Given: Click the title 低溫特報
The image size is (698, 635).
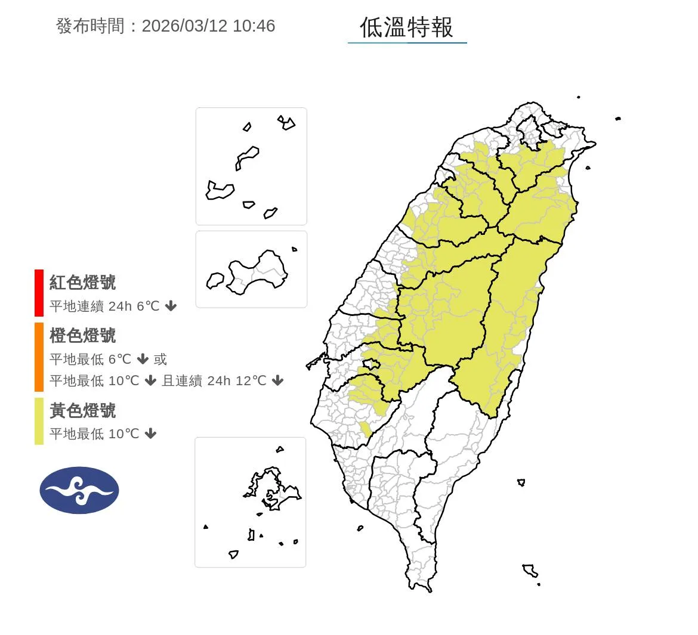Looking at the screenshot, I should (406, 27).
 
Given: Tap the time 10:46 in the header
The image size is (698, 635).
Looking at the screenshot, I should (254, 26).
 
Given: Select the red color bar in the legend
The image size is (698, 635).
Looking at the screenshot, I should (39, 293).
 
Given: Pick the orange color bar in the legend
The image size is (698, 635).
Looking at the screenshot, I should (39, 357).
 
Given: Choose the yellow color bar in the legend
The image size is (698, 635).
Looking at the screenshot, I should (39, 421).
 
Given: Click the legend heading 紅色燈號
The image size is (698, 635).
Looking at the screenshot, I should (82, 283).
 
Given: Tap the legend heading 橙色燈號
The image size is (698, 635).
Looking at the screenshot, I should (82, 336).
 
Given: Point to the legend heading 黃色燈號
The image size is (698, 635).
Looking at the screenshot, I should (82, 411).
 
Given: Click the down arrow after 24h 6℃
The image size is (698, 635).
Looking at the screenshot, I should (171, 306).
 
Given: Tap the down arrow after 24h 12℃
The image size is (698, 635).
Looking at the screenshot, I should (277, 380).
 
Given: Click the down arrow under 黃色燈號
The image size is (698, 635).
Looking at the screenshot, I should (151, 433).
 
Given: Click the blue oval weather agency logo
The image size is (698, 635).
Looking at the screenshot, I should (79, 490).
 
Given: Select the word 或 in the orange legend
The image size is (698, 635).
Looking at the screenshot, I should (160, 359).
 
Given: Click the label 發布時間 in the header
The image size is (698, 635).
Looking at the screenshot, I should (90, 26).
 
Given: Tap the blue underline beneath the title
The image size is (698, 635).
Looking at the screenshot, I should (407, 42).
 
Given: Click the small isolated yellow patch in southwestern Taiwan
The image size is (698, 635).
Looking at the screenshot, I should (365, 428).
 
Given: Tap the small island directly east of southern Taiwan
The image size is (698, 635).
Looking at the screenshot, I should (521, 482).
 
